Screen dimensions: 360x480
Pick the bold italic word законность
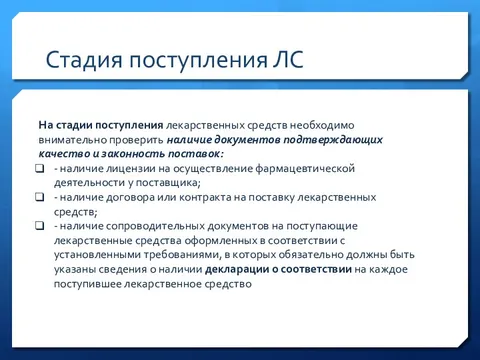point(148,155)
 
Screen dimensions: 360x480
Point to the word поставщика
point(168,183)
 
